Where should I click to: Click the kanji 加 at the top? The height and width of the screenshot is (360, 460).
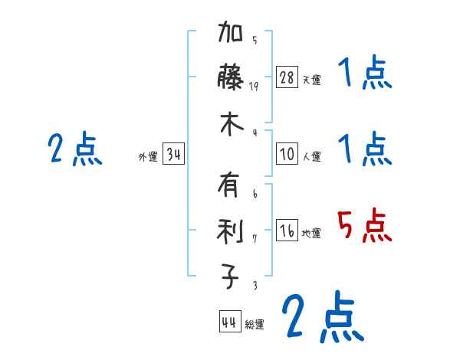[232, 34]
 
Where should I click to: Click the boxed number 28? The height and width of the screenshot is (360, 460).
[287, 77]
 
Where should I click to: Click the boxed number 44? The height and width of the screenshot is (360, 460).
[229, 322]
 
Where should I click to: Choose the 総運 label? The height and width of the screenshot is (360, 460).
[254, 324]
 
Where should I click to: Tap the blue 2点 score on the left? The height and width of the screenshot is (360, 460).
[74, 149]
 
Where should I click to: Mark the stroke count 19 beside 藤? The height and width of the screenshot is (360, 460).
[255, 87]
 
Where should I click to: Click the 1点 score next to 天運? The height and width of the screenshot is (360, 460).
[364, 74]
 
